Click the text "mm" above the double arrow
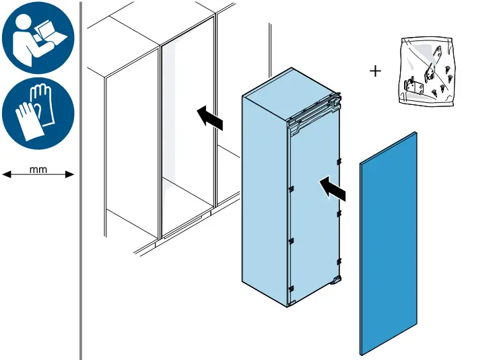pyautogui.click(x=38, y=170)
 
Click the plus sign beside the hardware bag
pyautogui.click(x=375, y=71)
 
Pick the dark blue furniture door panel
pyautogui.click(x=389, y=242)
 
